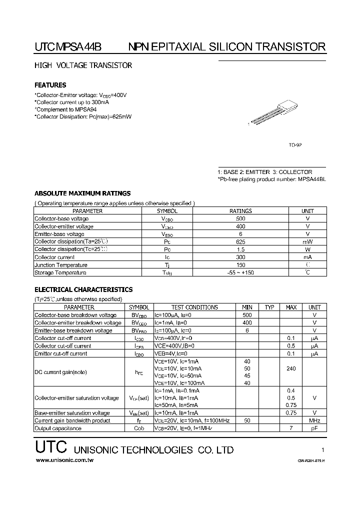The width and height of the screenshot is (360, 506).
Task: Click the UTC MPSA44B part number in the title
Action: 68,47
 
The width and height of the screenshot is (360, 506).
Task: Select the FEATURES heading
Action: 50,85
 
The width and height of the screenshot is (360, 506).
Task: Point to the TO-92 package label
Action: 295,145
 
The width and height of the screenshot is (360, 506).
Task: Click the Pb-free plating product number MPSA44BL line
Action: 271,179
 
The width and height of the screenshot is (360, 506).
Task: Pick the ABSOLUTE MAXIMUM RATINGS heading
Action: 82,193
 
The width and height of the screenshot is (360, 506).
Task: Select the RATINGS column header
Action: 240,211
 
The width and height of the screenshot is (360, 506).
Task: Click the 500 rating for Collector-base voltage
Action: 240,218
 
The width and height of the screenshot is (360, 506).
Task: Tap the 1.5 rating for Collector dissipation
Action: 240,249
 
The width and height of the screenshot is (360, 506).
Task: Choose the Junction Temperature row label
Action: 60,265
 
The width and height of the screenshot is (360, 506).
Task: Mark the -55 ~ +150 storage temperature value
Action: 240,272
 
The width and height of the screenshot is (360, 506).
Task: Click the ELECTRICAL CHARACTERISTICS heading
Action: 83,289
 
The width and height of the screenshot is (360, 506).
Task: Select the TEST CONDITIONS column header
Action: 194,307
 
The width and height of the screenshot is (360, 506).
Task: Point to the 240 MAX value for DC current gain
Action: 291,368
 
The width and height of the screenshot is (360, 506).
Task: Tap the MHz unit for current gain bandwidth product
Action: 314,421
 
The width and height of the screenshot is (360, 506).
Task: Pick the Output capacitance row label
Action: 58,428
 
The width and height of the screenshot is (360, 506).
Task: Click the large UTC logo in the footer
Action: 52,448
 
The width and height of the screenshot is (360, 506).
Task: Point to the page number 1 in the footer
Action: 323,449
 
